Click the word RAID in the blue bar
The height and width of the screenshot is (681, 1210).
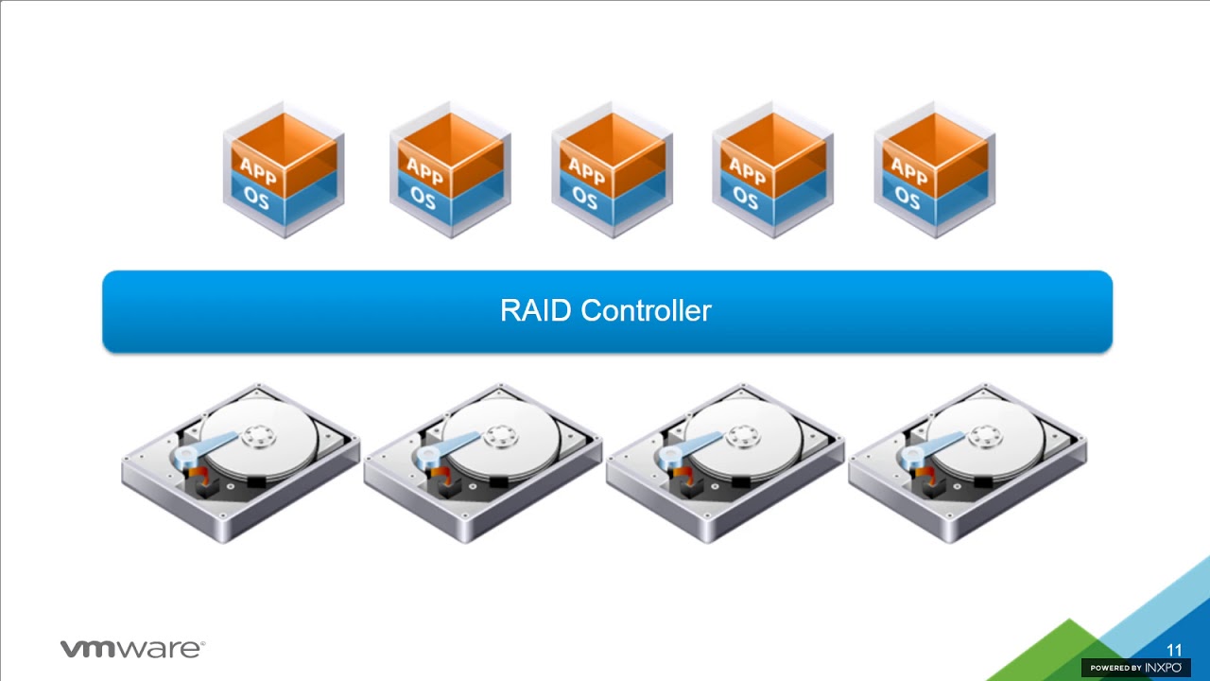[x=536, y=310]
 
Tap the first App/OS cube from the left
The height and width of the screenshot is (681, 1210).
[x=284, y=170]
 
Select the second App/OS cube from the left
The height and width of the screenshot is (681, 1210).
[x=450, y=170]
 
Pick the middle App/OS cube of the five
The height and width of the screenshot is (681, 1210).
[x=613, y=170]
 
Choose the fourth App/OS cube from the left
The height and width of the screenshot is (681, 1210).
[x=773, y=170]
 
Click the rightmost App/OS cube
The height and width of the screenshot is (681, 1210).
[x=935, y=170]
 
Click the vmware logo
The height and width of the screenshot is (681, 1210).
[x=132, y=649]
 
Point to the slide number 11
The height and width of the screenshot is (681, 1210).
[x=1174, y=651]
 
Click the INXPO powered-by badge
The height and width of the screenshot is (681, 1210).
[x=1135, y=668]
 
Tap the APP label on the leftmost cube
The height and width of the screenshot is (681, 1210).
[x=258, y=170]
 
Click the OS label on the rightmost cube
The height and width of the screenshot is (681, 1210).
[x=907, y=197]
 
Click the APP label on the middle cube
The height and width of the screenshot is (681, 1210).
[x=586, y=171]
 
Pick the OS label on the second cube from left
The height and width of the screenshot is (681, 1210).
[x=423, y=198]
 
